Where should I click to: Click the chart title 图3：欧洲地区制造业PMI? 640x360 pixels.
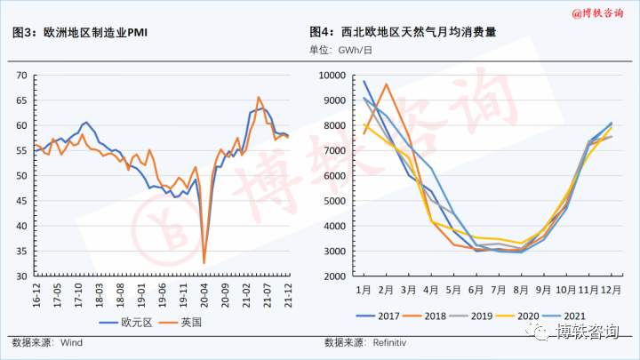tap(80, 33)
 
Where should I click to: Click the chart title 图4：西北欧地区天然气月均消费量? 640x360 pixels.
tap(407, 33)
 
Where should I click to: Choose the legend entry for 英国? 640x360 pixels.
tap(190, 322)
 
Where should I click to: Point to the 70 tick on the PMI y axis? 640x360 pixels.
tap(21, 76)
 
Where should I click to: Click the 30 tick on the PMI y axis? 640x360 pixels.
tap(21, 276)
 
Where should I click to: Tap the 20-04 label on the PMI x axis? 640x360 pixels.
tap(204, 293)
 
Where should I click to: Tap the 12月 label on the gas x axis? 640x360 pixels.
tap(611, 290)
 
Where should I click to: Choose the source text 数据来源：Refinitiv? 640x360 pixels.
tap(364, 341)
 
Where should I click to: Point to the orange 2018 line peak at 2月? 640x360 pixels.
tap(387, 84)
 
